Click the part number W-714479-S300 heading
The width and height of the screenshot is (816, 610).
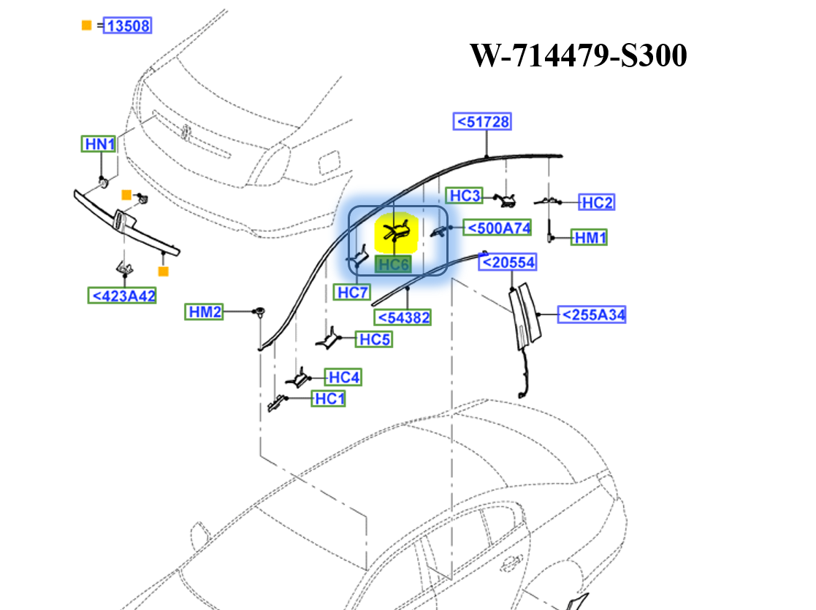click(x=577, y=55)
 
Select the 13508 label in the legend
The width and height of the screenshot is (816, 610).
click(x=128, y=26)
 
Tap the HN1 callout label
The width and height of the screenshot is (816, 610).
click(x=99, y=144)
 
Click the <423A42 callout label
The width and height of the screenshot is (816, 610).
click(x=121, y=296)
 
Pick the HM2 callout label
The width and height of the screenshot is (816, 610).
click(x=205, y=312)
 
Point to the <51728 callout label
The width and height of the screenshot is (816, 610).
click(x=482, y=121)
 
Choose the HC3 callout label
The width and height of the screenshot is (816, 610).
click(x=465, y=196)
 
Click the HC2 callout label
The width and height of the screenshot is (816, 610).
click(x=596, y=203)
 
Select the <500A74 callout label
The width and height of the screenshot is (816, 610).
click(x=498, y=228)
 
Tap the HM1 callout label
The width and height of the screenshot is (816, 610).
click(x=590, y=237)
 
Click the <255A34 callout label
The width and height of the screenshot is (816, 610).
click(x=592, y=314)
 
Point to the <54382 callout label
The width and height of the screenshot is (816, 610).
click(x=403, y=317)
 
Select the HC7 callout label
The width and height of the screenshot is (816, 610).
click(x=353, y=293)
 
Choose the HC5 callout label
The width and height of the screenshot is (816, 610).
click(x=374, y=339)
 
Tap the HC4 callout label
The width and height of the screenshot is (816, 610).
click(x=343, y=377)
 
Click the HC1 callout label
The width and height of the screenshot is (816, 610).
click(x=329, y=399)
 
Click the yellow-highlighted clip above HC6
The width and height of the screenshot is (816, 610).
click(x=395, y=233)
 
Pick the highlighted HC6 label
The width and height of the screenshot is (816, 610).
click(x=393, y=265)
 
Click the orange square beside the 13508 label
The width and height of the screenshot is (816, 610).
click(x=86, y=26)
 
